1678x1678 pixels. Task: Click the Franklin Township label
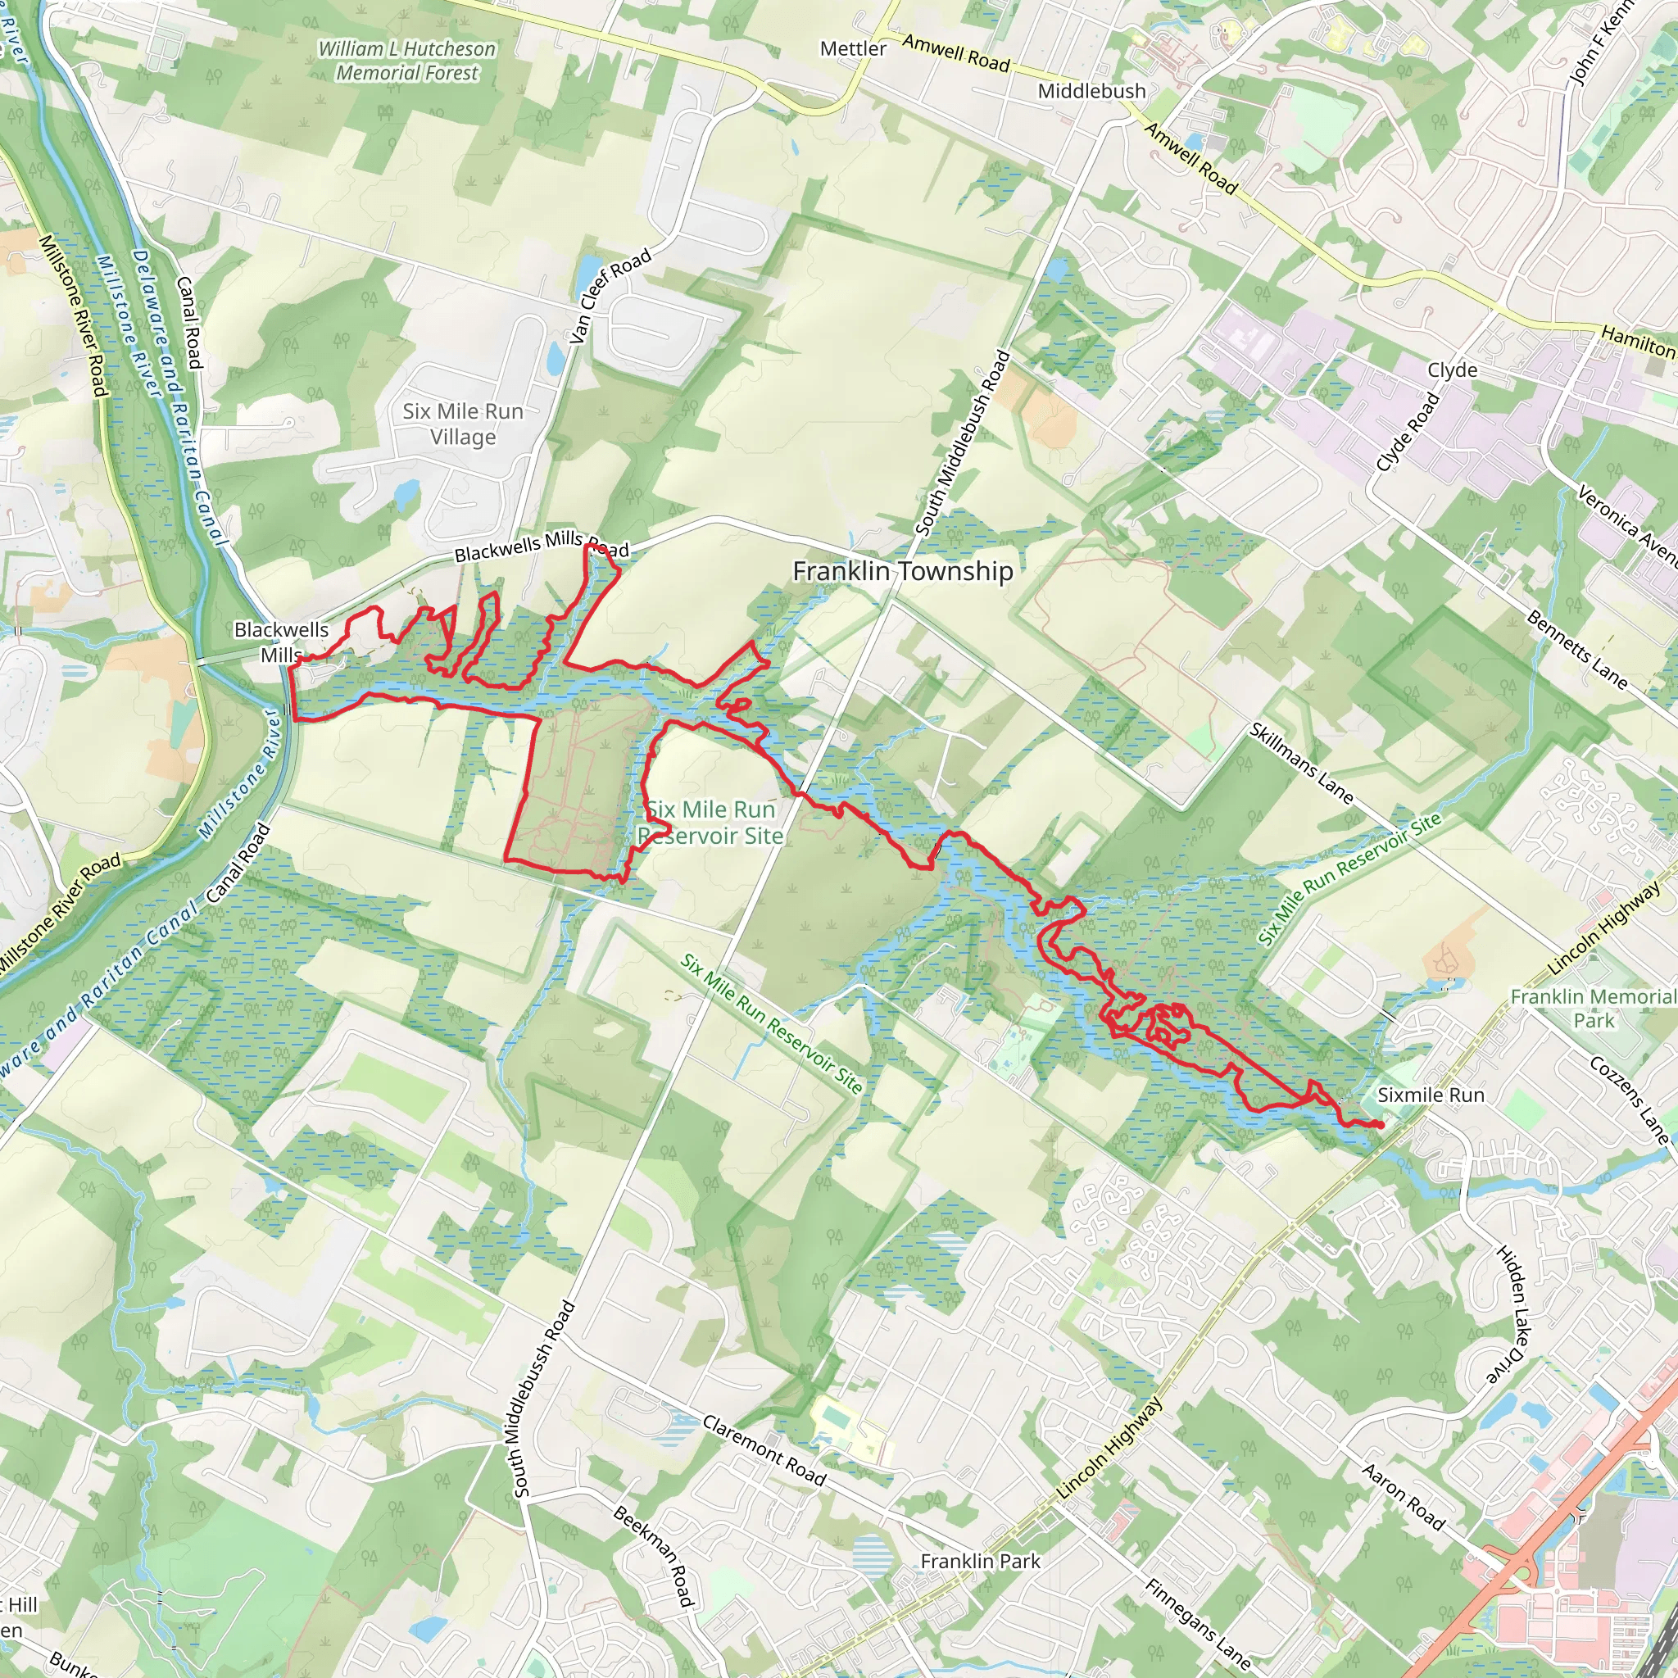tap(902, 572)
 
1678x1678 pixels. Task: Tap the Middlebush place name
tap(1091, 91)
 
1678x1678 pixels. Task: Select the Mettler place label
tap(852, 48)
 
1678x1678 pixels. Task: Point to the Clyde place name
tap(1452, 370)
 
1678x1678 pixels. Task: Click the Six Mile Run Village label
tap(463, 424)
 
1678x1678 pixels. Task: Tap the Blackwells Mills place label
tap(281, 642)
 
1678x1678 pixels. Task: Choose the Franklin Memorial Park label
tap(1593, 1009)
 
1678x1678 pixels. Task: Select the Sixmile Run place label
tap(1431, 1095)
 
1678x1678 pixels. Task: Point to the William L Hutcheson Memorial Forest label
tap(406, 61)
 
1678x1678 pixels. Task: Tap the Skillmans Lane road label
tap(1300, 763)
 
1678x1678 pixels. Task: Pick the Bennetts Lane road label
tap(1576, 650)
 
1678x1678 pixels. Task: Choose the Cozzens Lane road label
tap(1629, 1099)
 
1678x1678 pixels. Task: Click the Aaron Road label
tap(1403, 1496)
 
